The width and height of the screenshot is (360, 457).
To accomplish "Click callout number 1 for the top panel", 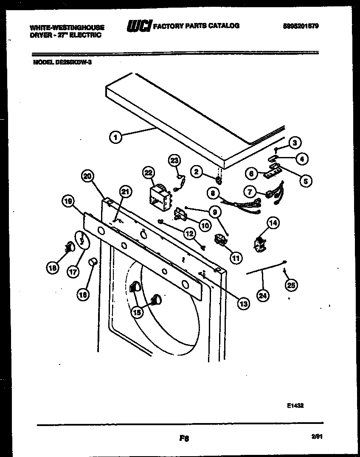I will pyautogui.click(x=114, y=137).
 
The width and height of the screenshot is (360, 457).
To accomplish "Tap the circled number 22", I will pyautogui.click(x=148, y=172).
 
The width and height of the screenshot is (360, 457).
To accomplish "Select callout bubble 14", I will pyautogui.click(x=273, y=222).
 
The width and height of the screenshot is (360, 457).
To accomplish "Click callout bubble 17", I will pyautogui.click(x=73, y=272).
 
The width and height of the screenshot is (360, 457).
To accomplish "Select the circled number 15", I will pyautogui.click(x=137, y=312).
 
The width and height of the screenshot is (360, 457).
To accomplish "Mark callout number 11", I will pyautogui.click(x=235, y=257).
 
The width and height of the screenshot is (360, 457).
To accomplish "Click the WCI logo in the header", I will pyautogui.click(x=138, y=26).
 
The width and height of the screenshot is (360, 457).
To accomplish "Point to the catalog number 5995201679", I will pyautogui.click(x=301, y=26).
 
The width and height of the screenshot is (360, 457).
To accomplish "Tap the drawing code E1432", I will pyautogui.click(x=295, y=405).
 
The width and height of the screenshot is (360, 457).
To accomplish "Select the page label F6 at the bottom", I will pyautogui.click(x=184, y=439).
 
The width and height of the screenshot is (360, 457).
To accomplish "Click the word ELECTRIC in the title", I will pyautogui.click(x=86, y=35).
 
